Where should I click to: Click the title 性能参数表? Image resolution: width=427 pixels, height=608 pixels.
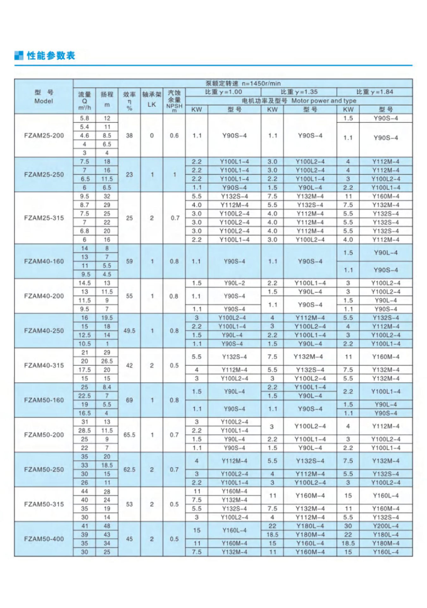click(x=51, y=56)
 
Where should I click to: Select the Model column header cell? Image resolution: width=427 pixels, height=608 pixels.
click(x=44, y=97)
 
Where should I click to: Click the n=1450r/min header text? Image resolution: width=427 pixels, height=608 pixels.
click(x=261, y=84)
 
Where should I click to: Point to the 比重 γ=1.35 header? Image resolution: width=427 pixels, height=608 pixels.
click(x=299, y=92)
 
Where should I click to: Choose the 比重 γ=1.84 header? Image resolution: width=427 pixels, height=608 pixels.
click(x=374, y=92)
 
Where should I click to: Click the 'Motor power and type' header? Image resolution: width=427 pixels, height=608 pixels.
click(x=324, y=101)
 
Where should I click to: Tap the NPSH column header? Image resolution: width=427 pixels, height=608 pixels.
click(x=174, y=101)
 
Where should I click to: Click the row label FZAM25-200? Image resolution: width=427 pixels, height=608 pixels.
click(x=44, y=136)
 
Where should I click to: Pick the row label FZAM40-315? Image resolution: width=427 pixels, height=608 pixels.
click(x=44, y=365)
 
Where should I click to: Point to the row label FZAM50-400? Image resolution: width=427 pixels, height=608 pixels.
click(x=44, y=539)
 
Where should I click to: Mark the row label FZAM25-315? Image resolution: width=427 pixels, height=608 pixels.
click(x=44, y=218)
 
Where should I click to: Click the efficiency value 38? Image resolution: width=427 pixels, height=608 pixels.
click(x=129, y=136)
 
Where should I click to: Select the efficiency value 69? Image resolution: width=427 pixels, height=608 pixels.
click(x=129, y=400)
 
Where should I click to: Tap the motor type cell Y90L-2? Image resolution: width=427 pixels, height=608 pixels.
click(x=234, y=283)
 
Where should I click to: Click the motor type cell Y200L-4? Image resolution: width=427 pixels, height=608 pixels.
click(x=386, y=526)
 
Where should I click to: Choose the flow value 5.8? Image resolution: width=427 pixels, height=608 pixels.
click(x=84, y=118)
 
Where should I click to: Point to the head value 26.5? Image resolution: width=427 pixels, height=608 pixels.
click(x=107, y=361)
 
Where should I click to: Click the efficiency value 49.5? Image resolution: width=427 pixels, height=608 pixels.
click(x=129, y=331)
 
